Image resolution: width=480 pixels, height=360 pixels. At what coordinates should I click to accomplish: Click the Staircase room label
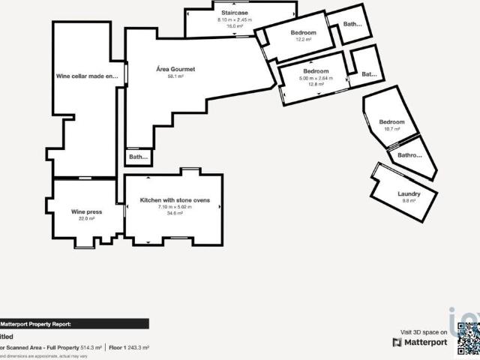point(235,13)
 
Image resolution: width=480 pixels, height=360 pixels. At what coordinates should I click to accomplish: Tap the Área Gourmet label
point(175,69)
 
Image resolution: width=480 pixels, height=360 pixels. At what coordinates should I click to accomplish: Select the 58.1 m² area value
point(175,76)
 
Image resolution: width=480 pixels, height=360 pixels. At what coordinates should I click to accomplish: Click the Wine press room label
point(86,212)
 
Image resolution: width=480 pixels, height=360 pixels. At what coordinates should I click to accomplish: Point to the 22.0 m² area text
point(86,219)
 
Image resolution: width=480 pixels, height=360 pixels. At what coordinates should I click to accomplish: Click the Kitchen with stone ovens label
point(180,200)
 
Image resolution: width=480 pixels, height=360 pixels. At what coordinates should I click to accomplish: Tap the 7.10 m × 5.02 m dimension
point(175,208)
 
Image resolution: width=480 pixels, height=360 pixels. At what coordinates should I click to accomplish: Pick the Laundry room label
point(409,194)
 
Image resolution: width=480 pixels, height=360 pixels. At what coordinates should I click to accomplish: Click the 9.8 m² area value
point(409,201)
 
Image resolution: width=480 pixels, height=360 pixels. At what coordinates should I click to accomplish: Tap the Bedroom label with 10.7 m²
point(391,122)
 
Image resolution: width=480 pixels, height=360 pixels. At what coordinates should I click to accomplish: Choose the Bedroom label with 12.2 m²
point(303,33)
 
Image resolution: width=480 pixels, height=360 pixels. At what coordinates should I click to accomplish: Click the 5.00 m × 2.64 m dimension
point(314,78)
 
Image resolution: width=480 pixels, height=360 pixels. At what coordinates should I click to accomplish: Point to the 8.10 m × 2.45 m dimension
point(235,19)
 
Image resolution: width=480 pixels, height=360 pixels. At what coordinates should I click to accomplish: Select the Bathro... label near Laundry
point(409,156)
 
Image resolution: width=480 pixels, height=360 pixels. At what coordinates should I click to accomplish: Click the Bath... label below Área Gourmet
point(138,157)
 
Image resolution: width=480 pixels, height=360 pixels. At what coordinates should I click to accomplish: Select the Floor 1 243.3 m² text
point(129,348)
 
